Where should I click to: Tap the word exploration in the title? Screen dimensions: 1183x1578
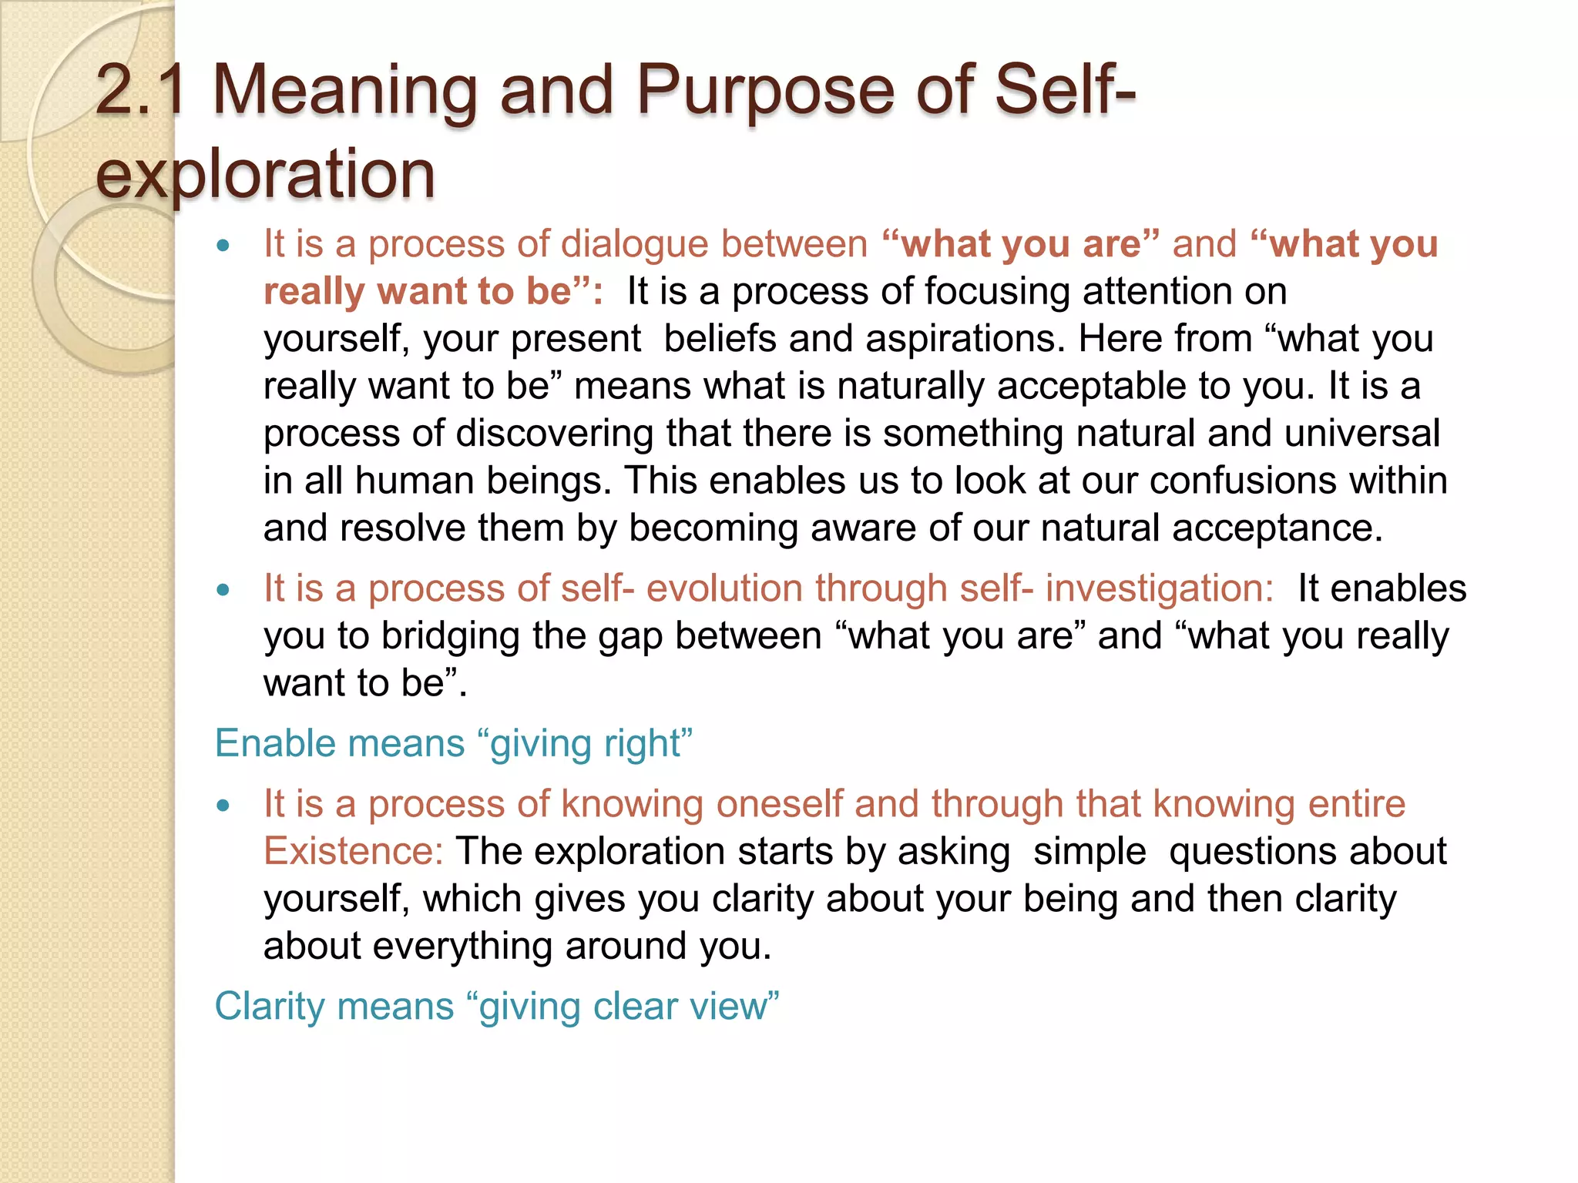point(265,174)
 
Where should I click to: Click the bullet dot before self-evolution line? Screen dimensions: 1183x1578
point(223,591)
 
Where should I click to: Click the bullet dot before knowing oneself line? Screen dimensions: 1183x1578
point(223,806)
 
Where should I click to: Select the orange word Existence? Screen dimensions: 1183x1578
point(353,852)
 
